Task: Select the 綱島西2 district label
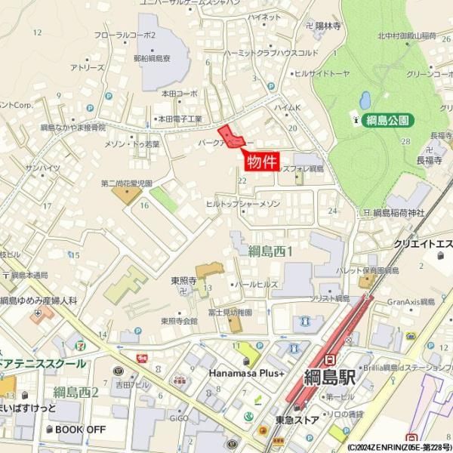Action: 76,392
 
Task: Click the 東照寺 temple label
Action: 183,281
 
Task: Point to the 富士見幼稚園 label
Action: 230,311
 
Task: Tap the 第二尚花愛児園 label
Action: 127,183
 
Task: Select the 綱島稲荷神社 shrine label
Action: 399,214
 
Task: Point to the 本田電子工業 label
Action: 179,119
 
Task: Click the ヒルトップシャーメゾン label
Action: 243,205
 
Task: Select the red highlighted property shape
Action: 229,136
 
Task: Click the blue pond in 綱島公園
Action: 365,100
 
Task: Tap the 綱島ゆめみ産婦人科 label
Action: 39,300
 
